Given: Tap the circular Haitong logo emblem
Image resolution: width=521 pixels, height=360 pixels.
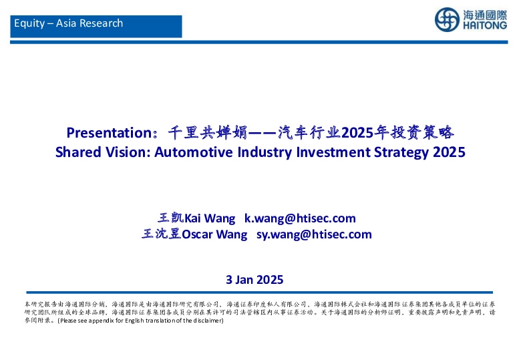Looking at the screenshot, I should pyautogui.click(x=446, y=19).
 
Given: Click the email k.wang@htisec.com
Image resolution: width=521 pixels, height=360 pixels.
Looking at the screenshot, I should pyautogui.click(x=300, y=218).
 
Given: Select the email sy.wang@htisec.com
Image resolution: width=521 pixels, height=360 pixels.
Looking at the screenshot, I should pyautogui.click(x=314, y=234).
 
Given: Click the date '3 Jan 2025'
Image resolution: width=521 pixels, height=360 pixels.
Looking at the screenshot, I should pyautogui.click(x=255, y=280).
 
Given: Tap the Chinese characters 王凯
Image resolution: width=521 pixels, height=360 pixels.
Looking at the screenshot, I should pyautogui.click(x=170, y=218).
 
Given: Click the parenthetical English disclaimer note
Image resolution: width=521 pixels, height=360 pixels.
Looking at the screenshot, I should pyautogui.click(x=140, y=321).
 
